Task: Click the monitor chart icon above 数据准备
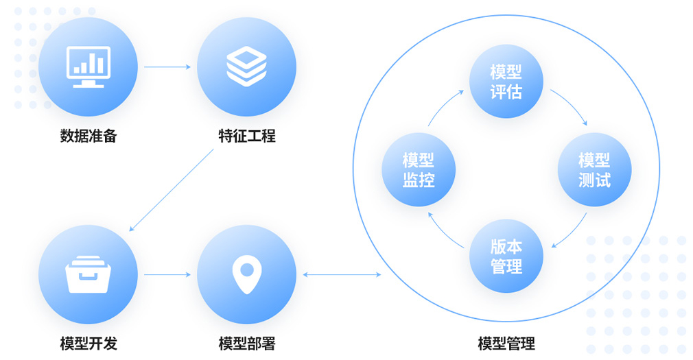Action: click(88, 67)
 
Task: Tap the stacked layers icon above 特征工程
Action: click(246, 67)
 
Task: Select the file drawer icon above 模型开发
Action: click(88, 274)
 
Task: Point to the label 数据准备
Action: click(89, 136)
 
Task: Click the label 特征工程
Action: click(246, 136)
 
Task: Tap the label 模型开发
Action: click(89, 344)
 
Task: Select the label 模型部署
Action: click(246, 344)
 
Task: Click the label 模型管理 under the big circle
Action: click(506, 344)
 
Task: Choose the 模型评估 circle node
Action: click(506, 81)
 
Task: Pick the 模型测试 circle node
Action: click(594, 169)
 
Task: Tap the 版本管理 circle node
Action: click(506, 256)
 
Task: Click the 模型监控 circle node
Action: click(419, 169)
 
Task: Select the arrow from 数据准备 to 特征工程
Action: click(167, 67)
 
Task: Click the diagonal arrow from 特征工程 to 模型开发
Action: click(172, 190)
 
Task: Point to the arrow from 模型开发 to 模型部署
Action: click(167, 274)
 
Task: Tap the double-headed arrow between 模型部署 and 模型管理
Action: click(341, 275)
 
